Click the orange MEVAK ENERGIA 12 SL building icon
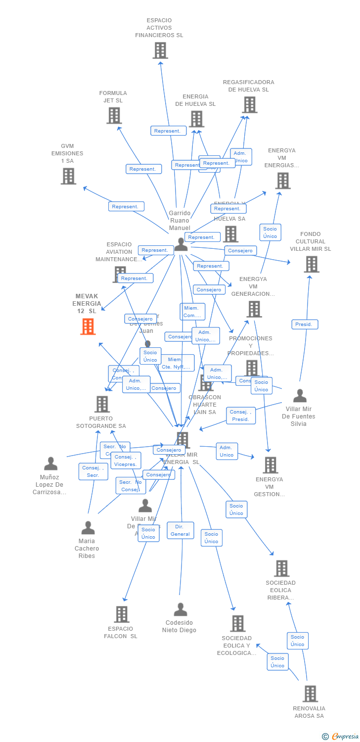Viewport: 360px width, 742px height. pyautogui.click(x=88, y=326)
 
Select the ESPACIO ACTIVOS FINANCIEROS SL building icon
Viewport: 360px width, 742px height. pyautogui.click(x=160, y=50)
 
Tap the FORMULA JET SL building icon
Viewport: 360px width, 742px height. pyautogui.click(x=114, y=115)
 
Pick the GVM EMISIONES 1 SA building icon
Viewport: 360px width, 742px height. pyautogui.click(x=68, y=176)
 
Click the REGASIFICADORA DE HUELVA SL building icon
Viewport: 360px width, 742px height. pyautogui.click(x=250, y=104)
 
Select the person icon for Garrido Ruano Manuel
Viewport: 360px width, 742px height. pyautogui.click(x=181, y=244)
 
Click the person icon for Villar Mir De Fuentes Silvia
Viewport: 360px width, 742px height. pyautogui.click(x=300, y=396)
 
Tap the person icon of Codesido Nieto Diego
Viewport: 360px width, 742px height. pyautogui.click(x=180, y=609)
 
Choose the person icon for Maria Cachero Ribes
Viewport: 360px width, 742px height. pyautogui.click(x=88, y=528)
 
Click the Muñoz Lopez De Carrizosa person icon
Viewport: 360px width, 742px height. pyautogui.click(x=51, y=464)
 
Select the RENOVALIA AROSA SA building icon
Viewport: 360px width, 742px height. pyautogui.click(x=310, y=694)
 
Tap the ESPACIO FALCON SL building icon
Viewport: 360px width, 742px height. pyautogui.click(x=122, y=614)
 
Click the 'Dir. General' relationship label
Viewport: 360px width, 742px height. pyautogui.click(x=180, y=530)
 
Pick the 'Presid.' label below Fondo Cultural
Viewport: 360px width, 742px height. pyautogui.click(x=305, y=325)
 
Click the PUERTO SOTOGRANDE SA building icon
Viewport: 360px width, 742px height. pyautogui.click(x=102, y=404)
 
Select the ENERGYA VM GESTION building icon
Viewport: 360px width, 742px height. pyautogui.click(x=270, y=465)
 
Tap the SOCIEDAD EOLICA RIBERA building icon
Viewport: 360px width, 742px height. pyautogui.click(x=282, y=568)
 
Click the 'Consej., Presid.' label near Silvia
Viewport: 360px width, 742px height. pyautogui.click(x=241, y=416)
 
